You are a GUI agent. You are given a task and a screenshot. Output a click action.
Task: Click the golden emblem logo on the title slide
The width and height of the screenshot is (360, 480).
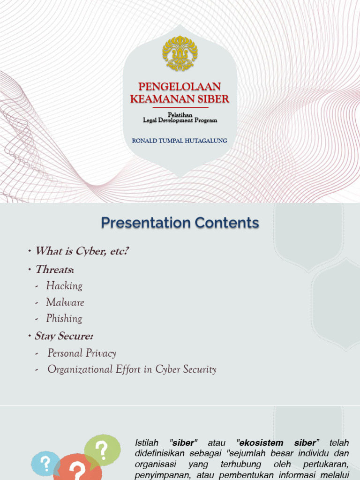(x=180, y=53)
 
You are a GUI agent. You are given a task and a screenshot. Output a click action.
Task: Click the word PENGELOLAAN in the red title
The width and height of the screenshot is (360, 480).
(x=180, y=87)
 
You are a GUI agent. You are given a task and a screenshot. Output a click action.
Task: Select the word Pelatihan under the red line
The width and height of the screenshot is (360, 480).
(x=180, y=115)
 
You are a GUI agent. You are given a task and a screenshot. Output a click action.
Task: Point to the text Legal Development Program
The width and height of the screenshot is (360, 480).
(x=180, y=120)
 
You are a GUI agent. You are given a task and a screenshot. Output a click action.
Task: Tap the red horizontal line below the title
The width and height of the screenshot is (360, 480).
(x=180, y=107)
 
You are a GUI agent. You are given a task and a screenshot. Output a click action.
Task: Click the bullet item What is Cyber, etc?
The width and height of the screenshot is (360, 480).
(x=82, y=251)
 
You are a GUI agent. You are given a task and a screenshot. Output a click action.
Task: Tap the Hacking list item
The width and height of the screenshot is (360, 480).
(x=64, y=286)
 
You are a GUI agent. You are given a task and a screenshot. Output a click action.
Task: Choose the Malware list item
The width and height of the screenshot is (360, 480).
(x=65, y=302)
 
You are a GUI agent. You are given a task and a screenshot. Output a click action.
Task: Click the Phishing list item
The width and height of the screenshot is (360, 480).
(x=64, y=319)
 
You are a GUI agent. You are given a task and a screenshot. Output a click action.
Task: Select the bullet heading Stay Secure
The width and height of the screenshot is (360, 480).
(x=64, y=336)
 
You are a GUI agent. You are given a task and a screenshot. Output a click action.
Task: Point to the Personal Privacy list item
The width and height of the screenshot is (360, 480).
(x=82, y=353)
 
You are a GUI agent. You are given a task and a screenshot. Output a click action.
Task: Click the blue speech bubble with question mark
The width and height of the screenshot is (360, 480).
(x=45, y=464)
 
